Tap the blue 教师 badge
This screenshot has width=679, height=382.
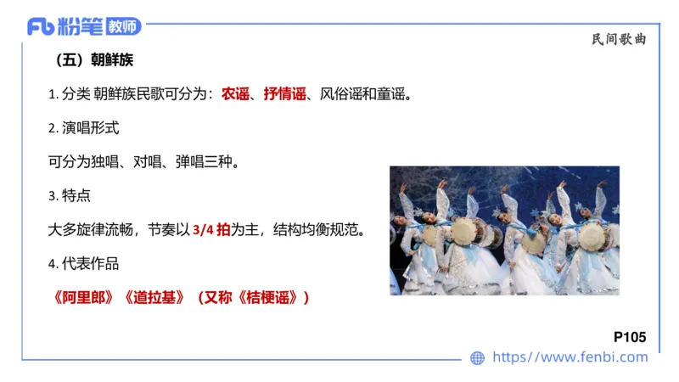click(124, 26)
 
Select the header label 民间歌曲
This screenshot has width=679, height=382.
click(619, 38)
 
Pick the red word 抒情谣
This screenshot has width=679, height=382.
click(284, 94)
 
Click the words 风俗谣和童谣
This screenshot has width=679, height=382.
click(365, 94)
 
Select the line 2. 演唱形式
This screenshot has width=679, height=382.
click(84, 128)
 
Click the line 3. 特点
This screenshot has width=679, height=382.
click(70, 195)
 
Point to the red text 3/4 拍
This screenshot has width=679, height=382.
click(211, 229)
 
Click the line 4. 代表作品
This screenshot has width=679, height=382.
click(84, 263)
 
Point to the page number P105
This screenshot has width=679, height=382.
click(629, 337)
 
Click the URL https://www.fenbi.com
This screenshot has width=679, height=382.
click(570, 357)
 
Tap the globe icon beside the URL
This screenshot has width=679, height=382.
click(478, 358)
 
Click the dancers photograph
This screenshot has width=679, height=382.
click(504, 230)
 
